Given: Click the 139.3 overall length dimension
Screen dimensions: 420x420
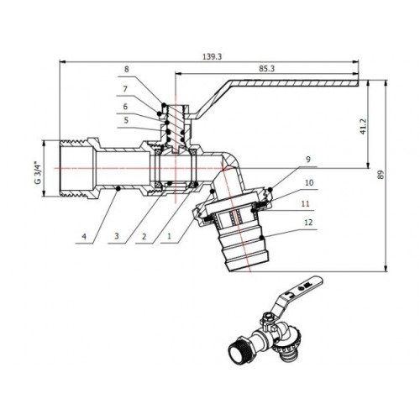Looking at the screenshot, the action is (212, 56).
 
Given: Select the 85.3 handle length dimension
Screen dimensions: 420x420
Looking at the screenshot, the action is (266, 69).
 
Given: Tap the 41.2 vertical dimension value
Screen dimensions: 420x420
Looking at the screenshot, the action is (363, 127).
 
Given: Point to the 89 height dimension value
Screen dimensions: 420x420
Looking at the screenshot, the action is (381, 175).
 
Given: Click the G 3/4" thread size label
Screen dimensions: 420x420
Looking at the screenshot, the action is (38, 172).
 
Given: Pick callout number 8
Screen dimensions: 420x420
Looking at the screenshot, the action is (127, 69).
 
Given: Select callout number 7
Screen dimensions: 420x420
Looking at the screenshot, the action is (125, 89).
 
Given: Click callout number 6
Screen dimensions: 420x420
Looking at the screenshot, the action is (125, 107).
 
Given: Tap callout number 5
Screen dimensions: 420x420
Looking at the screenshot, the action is (126, 120).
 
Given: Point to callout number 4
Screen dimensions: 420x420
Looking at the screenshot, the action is (84, 237).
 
